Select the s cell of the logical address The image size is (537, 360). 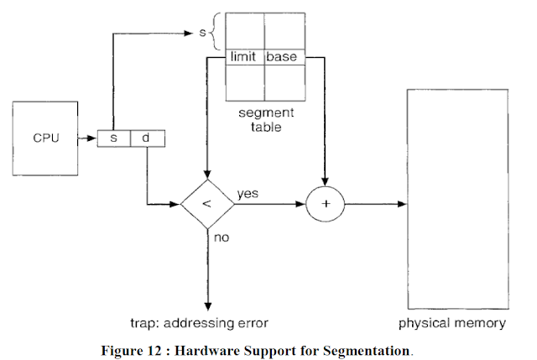pyautogui.click(x=114, y=138)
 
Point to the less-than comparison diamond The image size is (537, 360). pyautogui.click(x=206, y=205)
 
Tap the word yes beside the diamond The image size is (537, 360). pyautogui.click(x=247, y=194)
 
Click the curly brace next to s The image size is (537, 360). pyautogui.click(x=214, y=31)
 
